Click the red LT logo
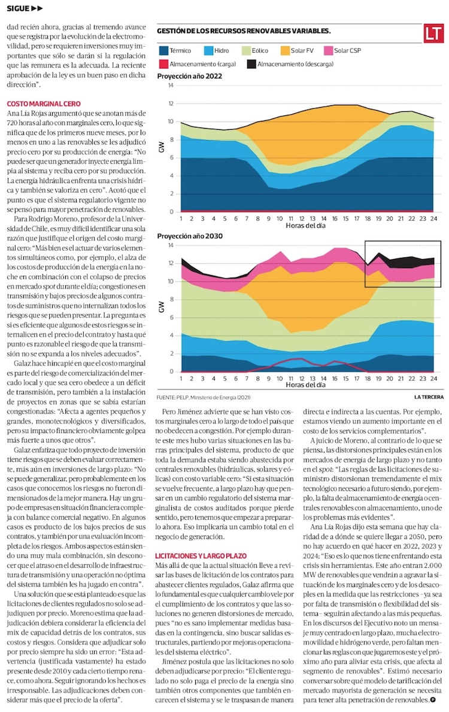(433, 34)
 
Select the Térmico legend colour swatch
(163, 51)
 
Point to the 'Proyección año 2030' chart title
(190, 236)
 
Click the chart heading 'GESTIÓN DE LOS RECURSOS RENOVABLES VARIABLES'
(244, 30)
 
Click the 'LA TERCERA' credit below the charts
(428, 396)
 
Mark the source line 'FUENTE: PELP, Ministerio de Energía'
(204, 397)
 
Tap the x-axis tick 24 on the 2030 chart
(432, 379)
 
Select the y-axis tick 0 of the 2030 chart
(172, 372)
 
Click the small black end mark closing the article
(432, 700)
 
